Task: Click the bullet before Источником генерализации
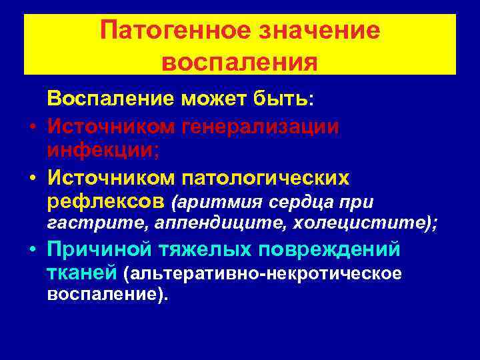(31, 126)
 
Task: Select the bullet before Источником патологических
(31, 179)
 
